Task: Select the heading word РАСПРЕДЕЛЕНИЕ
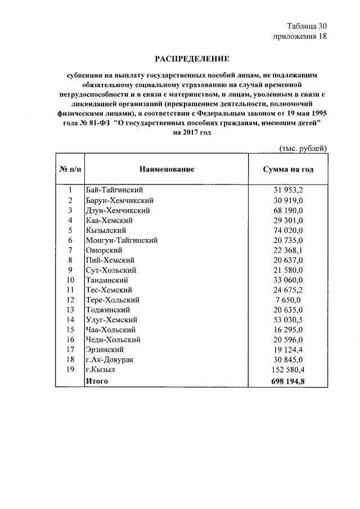[192, 58]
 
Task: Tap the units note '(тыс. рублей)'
[303, 148]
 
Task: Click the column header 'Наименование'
[167, 169]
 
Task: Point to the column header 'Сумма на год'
[288, 169]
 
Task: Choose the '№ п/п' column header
[70, 169]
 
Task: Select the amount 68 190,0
[288, 210]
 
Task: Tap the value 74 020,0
[288, 231]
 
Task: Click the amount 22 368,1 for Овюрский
[288, 250]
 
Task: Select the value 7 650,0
[288, 300]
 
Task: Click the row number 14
[70, 320]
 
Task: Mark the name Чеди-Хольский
[112, 340]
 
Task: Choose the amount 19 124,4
[288, 350]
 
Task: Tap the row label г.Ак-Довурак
[110, 360]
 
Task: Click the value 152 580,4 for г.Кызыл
[288, 370]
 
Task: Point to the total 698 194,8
[288, 381]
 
